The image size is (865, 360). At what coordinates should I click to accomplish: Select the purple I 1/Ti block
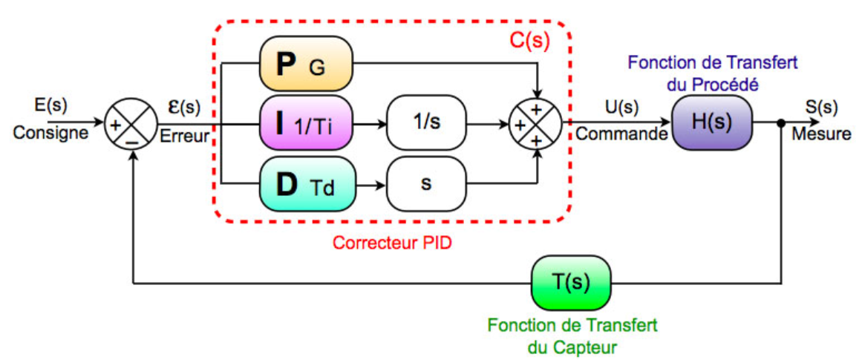click(305, 123)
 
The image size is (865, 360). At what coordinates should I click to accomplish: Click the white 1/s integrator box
click(426, 123)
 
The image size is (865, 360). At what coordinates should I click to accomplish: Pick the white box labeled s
click(426, 183)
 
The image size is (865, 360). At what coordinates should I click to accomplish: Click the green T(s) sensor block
click(570, 284)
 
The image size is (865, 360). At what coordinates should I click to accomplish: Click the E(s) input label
click(50, 105)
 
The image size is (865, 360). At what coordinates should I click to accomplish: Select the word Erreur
click(185, 137)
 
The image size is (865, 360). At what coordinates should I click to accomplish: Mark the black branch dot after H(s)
click(781, 122)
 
